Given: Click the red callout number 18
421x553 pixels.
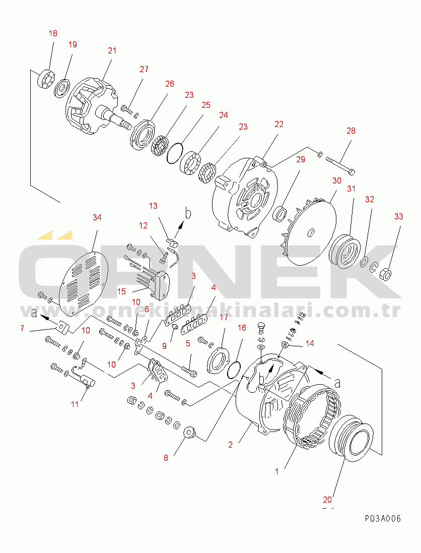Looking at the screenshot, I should pos(53,34).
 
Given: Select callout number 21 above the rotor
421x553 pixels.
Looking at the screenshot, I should pos(112,50).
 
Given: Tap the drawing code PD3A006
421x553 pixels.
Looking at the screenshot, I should pos(383,519).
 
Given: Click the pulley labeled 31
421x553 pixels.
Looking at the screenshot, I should pos(344,252).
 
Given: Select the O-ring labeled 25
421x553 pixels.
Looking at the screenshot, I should pos(175,153).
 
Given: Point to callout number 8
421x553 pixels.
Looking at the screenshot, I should pos(166,458).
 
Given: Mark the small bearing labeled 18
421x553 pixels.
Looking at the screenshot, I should pos(46,80).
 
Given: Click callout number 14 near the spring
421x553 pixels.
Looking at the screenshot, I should pos(310,343).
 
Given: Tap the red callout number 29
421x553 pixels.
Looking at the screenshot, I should pos(301,160).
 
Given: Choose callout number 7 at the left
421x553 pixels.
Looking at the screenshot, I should pos(22,328).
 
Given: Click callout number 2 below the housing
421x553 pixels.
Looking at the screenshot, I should pos(230,445).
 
